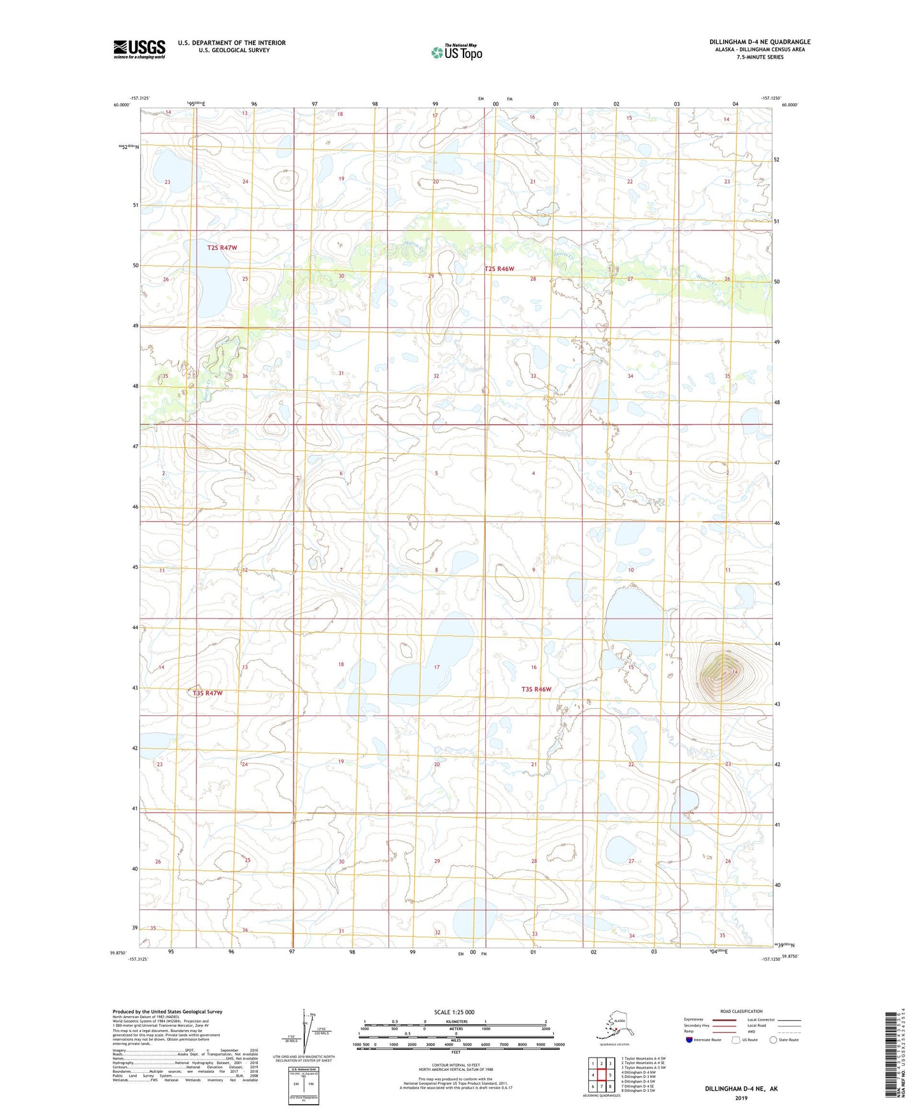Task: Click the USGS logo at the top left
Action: (139, 49)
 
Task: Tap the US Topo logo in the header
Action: (456, 52)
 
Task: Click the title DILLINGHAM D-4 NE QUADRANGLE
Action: (760, 42)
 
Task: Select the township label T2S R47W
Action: (222, 248)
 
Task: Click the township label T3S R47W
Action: (208, 693)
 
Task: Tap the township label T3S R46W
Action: (536, 689)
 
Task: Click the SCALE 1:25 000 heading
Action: (454, 1012)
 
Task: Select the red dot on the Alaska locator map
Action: (616, 1030)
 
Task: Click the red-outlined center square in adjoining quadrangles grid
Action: (601, 1075)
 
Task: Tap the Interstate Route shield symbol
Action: (689, 1040)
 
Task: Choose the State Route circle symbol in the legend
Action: (773, 1040)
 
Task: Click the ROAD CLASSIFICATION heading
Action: (741, 1011)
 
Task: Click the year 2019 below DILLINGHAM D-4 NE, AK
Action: (740, 1098)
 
